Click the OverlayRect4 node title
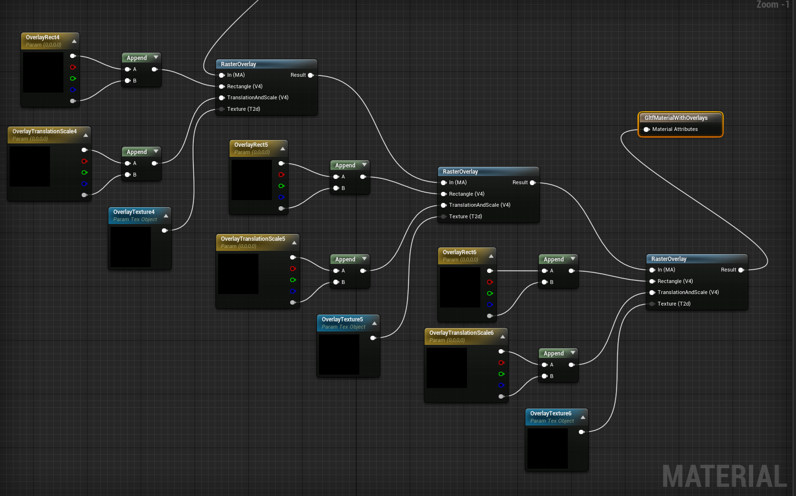(x=43, y=37)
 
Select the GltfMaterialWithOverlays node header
(x=676, y=118)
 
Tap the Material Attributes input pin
(x=647, y=130)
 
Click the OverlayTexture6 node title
(x=551, y=413)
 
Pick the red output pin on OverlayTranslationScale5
(x=293, y=269)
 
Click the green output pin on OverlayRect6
(x=490, y=294)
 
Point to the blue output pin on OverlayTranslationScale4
(x=84, y=184)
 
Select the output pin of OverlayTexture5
(x=373, y=338)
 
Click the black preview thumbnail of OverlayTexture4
(x=131, y=247)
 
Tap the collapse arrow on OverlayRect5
(x=282, y=149)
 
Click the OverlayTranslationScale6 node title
(x=461, y=333)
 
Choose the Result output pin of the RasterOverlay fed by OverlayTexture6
(x=741, y=270)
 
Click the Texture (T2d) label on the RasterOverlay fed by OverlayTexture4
(x=244, y=109)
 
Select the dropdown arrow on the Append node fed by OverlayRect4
(x=156, y=58)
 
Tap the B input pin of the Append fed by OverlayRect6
(x=544, y=282)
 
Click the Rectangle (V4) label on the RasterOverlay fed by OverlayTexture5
(x=466, y=194)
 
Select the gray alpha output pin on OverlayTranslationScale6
(x=501, y=396)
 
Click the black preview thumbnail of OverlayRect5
(x=252, y=180)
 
